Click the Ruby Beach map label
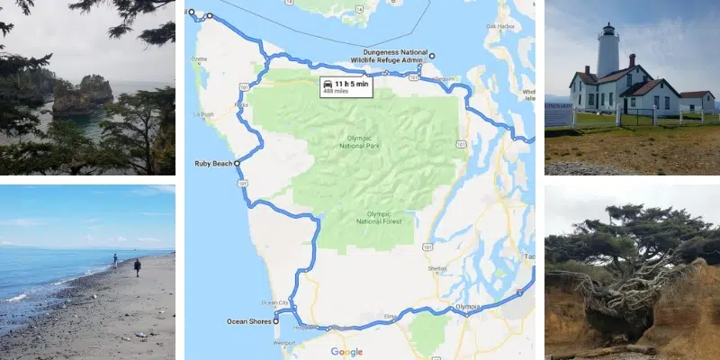click(212, 164)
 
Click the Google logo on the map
click(346, 352)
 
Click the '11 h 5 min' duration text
click(352, 84)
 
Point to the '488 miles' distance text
click(339, 94)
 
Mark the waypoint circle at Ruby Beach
click(238, 164)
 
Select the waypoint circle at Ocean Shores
click(276, 319)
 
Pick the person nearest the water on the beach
click(114, 259)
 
